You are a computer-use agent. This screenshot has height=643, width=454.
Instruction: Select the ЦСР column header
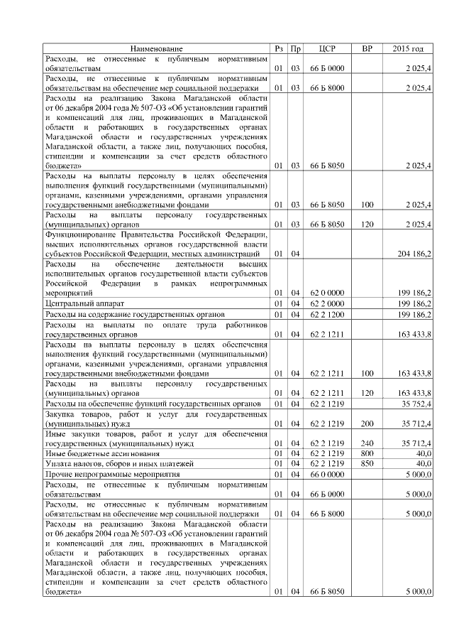pyautogui.click(x=328, y=49)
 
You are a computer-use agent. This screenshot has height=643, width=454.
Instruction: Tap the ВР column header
pyautogui.click(x=367, y=49)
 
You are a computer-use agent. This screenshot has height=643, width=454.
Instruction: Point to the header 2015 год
pyautogui.click(x=408, y=49)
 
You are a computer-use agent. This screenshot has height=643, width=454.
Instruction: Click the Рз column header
pyautogui.click(x=279, y=49)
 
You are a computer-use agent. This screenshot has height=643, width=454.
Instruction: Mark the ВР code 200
pyautogui.click(x=366, y=423)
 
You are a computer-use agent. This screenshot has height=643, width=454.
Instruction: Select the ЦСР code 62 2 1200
pyautogui.click(x=327, y=313)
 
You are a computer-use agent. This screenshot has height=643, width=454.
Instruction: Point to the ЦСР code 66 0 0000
pyautogui.click(x=327, y=473)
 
